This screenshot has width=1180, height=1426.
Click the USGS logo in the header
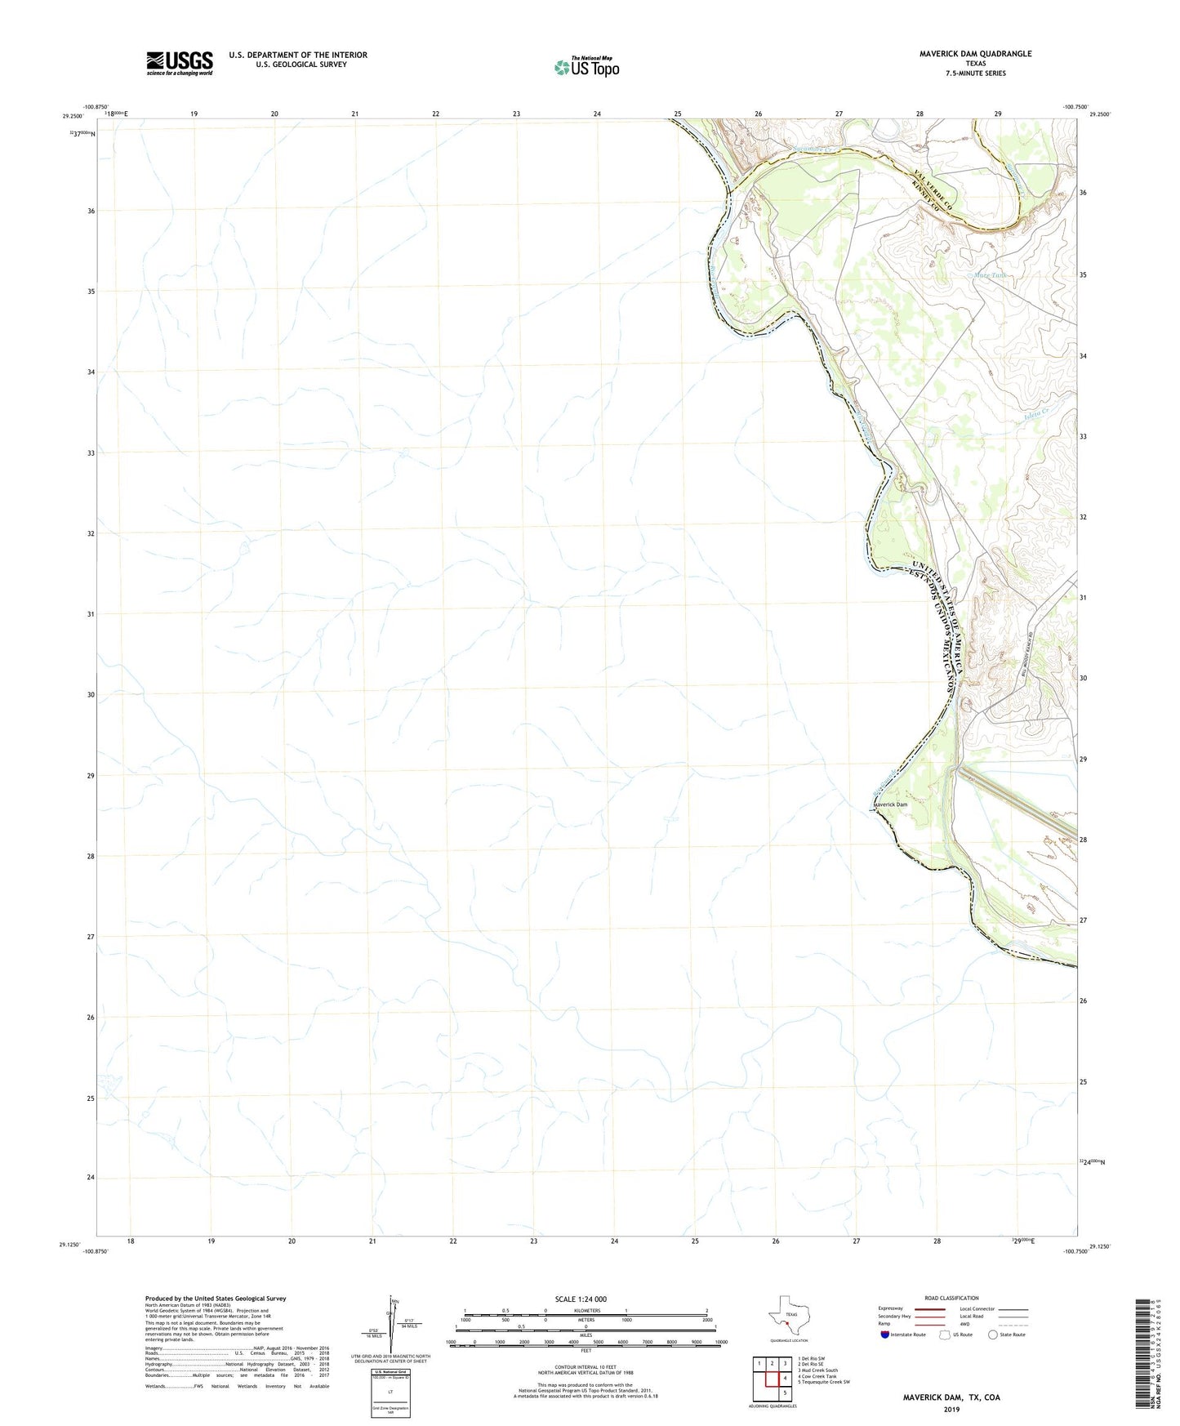pos(180,63)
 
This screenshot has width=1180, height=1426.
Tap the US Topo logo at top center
pos(586,67)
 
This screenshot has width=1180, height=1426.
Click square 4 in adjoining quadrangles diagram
pos(785,1379)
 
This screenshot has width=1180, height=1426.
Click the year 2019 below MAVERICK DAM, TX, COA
pos(951,1409)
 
